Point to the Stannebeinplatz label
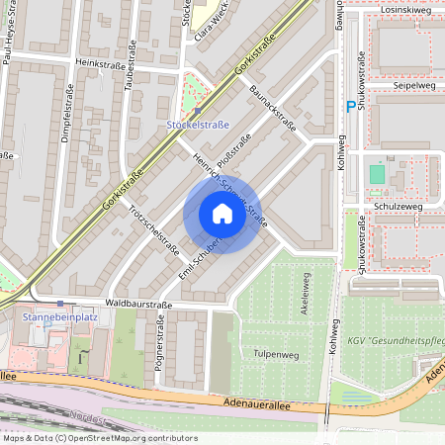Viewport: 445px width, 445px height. coord(59,317)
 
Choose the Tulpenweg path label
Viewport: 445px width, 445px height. coord(276,353)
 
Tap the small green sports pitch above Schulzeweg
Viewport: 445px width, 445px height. coord(376,175)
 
